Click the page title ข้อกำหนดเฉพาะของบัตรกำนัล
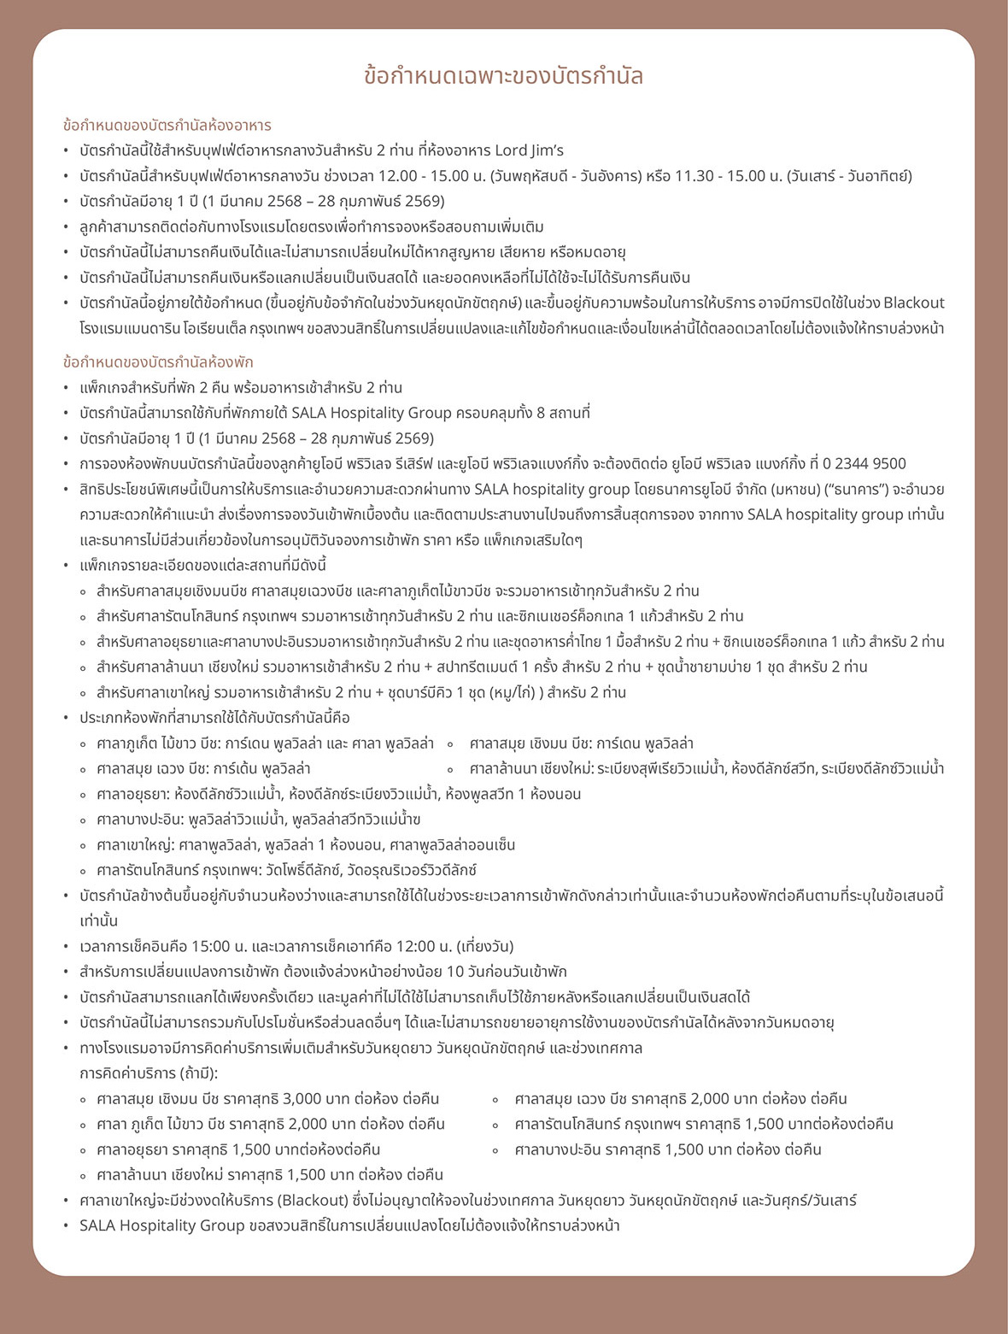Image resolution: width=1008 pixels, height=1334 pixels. point(503,76)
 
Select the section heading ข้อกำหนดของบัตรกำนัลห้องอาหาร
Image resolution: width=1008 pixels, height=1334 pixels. point(167,125)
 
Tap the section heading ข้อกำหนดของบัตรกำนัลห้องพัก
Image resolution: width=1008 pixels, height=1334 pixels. point(158,361)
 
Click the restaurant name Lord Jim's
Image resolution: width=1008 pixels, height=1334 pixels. point(530,150)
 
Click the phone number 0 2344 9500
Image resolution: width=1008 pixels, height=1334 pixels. point(864,463)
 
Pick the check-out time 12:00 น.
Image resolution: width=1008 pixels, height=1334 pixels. point(423,946)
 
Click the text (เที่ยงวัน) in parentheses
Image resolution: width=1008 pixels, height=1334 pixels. point(485,946)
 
